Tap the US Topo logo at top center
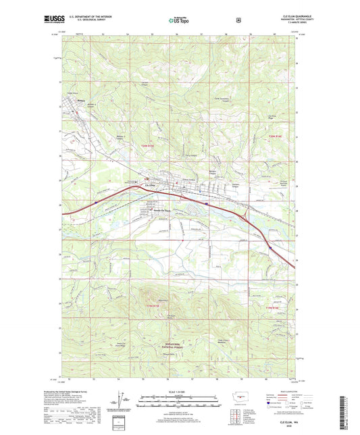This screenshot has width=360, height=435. click(179, 21)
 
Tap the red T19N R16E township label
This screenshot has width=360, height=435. click(274, 308)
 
